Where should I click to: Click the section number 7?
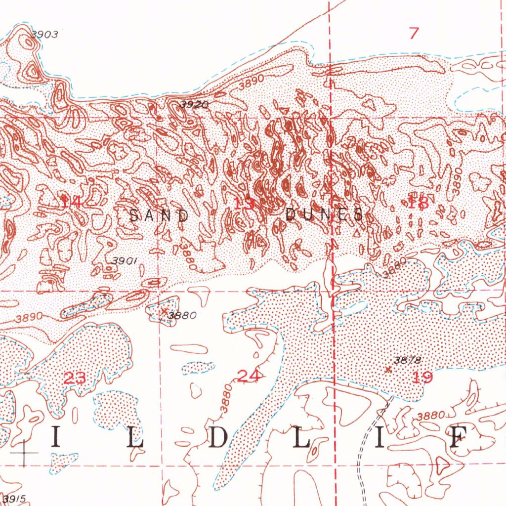coord(414,34)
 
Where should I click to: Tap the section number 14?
coord(71,201)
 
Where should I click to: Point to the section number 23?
coord(76,379)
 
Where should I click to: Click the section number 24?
coord(249,377)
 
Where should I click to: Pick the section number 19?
coord(422,378)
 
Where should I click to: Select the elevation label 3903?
coord(44,35)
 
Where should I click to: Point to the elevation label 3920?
coord(194,104)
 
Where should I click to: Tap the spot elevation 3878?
coord(408,361)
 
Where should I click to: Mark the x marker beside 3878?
coord(388,369)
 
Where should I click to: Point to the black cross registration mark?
coord(23,453)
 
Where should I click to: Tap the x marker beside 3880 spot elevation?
coord(164,311)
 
